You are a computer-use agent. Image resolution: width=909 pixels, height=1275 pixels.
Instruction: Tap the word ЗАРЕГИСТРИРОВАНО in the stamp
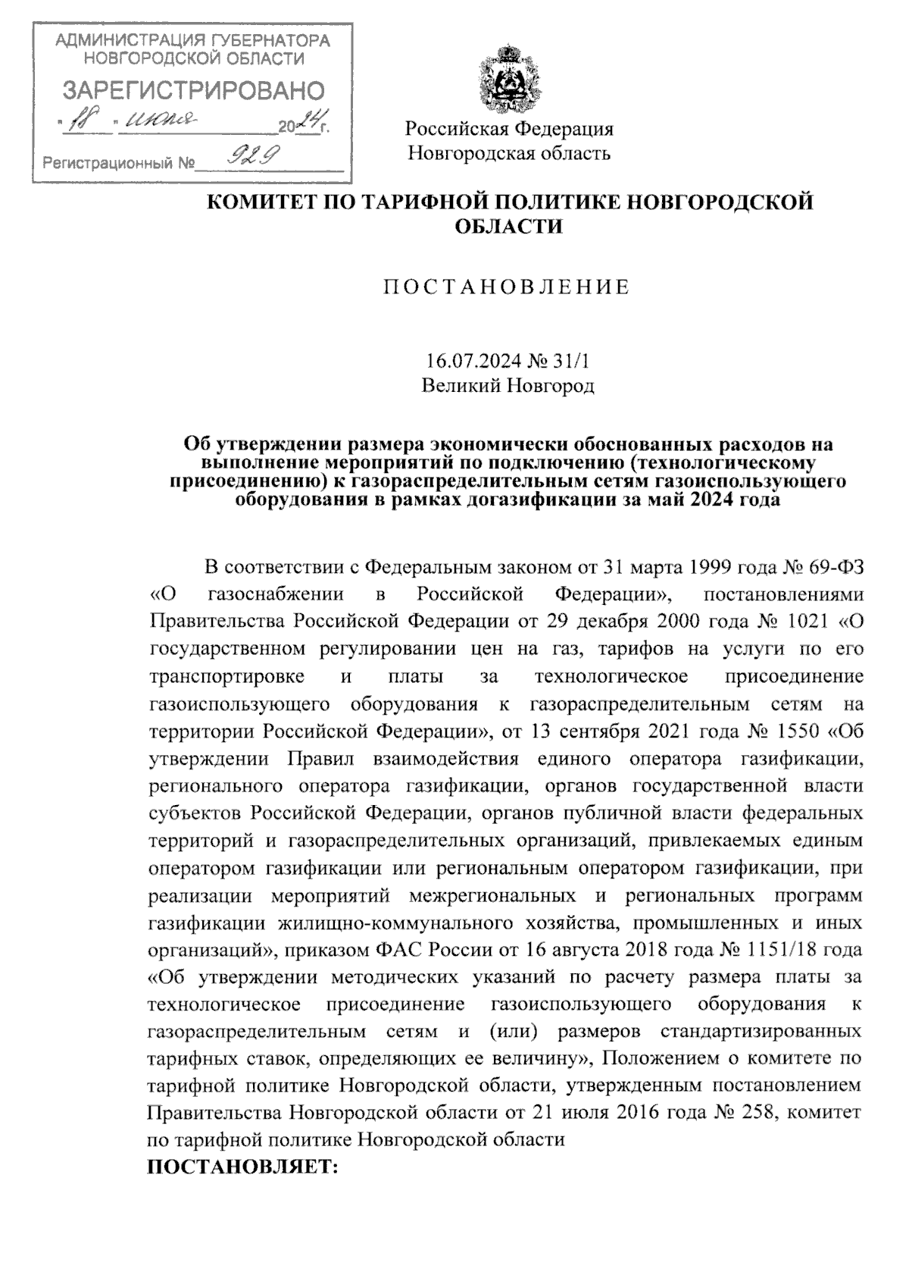tap(192, 91)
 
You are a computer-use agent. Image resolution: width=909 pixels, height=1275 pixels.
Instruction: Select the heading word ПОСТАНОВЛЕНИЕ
tap(508, 287)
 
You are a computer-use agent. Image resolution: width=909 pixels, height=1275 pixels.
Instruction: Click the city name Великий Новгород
tap(508, 386)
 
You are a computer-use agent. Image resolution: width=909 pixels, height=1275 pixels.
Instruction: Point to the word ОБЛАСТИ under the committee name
tap(508, 226)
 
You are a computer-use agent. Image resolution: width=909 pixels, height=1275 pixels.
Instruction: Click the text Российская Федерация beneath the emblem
tap(508, 129)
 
